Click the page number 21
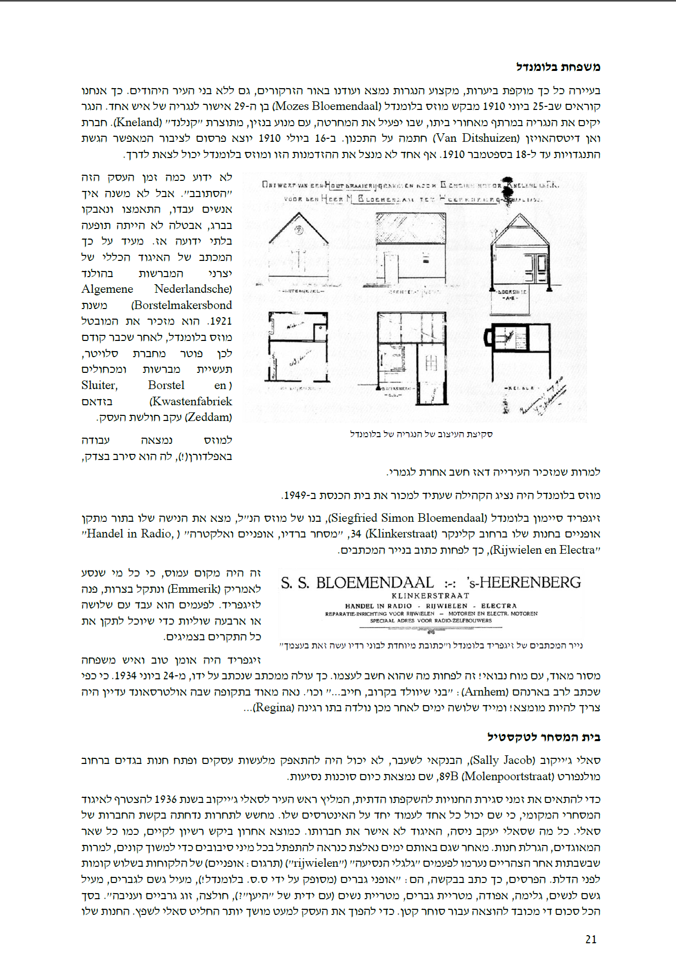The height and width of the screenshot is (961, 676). point(591,939)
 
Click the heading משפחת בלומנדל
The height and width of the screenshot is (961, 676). point(558,67)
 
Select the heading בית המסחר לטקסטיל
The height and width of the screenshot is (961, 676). point(544,737)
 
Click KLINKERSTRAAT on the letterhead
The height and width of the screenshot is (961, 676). point(430,596)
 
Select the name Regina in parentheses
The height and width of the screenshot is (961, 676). point(274,708)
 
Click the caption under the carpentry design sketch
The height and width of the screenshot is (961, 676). point(421,434)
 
